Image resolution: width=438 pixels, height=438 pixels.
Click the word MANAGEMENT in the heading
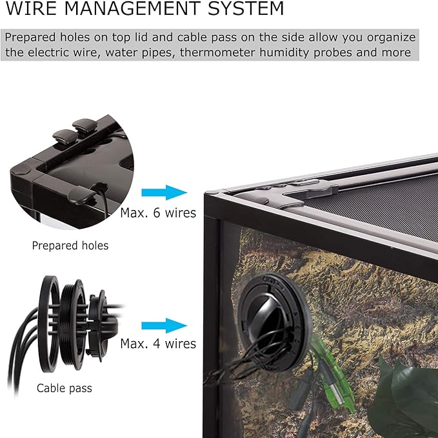[x=132, y=8]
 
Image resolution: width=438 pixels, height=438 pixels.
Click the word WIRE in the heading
[x=31, y=8]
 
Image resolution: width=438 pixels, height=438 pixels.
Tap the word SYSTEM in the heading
[x=246, y=8]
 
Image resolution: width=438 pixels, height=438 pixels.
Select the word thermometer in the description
[x=217, y=52]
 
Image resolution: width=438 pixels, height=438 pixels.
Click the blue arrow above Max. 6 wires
[x=164, y=193]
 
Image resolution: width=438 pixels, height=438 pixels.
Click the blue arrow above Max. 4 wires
[x=164, y=326]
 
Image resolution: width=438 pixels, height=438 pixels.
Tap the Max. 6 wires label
[x=158, y=213]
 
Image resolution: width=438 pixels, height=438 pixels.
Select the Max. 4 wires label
[x=158, y=344]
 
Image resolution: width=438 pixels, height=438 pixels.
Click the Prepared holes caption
[x=70, y=246]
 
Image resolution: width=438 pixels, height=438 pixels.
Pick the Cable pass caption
[x=65, y=388]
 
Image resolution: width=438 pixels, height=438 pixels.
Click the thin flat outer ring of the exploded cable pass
[x=49, y=324]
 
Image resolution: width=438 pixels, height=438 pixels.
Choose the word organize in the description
[x=391, y=38]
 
